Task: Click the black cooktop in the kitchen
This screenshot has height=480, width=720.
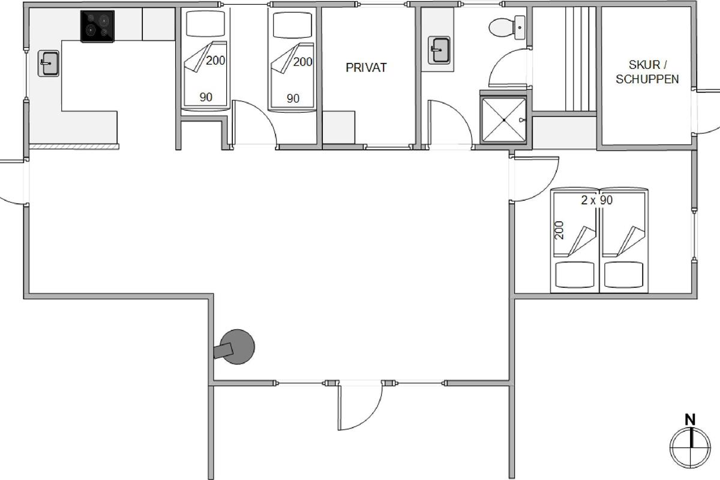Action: click(x=97, y=26)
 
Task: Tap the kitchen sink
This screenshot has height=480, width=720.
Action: click(x=49, y=64)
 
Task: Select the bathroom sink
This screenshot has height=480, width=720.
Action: click(x=439, y=50)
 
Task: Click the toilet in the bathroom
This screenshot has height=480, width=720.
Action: click(x=507, y=28)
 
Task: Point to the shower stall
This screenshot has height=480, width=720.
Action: click(x=503, y=119)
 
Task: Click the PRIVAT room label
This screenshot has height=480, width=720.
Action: click(x=366, y=68)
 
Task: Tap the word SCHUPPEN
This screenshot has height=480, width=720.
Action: click(x=647, y=79)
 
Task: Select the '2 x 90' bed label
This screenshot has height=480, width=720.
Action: click(x=597, y=200)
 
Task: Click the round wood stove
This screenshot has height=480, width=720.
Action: click(x=237, y=347)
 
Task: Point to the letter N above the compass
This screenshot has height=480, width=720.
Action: click(x=690, y=420)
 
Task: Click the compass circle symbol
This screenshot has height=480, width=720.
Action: click(x=690, y=448)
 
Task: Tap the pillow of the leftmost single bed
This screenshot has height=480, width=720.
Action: click(x=205, y=24)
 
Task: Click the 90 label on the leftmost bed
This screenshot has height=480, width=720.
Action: click(x=206, y=97)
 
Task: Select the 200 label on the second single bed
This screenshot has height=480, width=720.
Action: click(x=302, y=62)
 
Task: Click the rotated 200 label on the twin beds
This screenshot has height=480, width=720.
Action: click(x=559, y=230)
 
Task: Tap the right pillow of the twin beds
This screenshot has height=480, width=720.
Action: click(x=623, y=275)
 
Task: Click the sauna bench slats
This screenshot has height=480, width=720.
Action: click(x=581, y=59)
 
